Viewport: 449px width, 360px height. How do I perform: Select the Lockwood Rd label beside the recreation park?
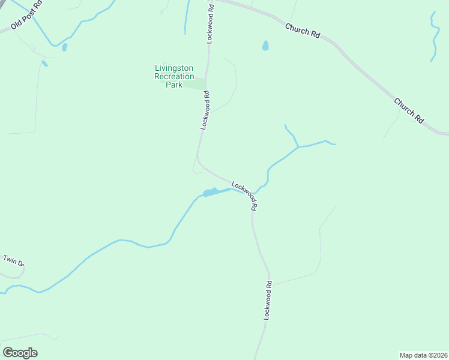click(205, 110)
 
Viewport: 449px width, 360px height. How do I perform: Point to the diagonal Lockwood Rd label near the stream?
click(245, 196)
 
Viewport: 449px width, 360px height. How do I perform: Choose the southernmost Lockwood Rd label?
click(269, 299)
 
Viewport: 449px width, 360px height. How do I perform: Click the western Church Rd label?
click(303, 31)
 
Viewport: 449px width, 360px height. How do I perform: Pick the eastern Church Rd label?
click(409, 111)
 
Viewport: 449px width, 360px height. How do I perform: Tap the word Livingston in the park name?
click(174, 68)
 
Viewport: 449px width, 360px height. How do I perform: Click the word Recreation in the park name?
click(174, 76)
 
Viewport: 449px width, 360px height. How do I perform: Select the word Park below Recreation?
click(173, 85)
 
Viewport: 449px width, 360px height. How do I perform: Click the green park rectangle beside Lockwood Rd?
click(194, 85)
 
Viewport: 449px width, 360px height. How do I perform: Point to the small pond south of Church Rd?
click(265, 46)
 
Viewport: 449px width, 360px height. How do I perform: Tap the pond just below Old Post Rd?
click(64, 47)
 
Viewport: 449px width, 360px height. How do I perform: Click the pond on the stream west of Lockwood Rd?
click(210, 193)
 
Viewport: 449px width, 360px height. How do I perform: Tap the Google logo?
click(20, 353)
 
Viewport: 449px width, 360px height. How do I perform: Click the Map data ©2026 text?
click(423, 355)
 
